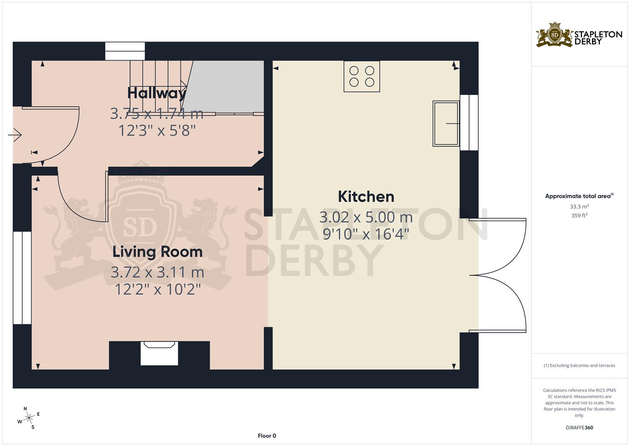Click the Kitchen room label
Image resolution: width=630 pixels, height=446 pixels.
(366, 197)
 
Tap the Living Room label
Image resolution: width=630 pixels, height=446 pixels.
(158, 252)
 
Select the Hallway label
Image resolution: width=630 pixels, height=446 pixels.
(157, 93)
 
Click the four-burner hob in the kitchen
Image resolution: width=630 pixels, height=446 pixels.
(362, 76)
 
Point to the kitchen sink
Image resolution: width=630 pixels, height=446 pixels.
(446, 123)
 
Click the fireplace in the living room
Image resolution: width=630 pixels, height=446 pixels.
(159, 353)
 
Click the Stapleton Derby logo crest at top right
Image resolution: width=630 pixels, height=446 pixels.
(554, 35)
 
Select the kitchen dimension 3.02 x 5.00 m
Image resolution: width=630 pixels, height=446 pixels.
(366, 217)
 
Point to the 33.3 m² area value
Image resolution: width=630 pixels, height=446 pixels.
(579, 206)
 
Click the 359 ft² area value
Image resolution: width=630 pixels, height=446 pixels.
(579, 216)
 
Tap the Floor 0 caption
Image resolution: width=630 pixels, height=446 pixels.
(267, 436)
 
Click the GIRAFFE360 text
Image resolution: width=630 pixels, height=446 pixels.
(579, 428)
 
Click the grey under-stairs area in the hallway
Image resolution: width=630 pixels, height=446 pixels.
(225, 87)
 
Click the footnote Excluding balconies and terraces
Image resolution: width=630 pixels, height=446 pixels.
(579, 365)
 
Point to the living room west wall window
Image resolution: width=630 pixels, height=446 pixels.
(22, 278)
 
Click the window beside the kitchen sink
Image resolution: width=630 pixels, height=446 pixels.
(469, 123)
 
